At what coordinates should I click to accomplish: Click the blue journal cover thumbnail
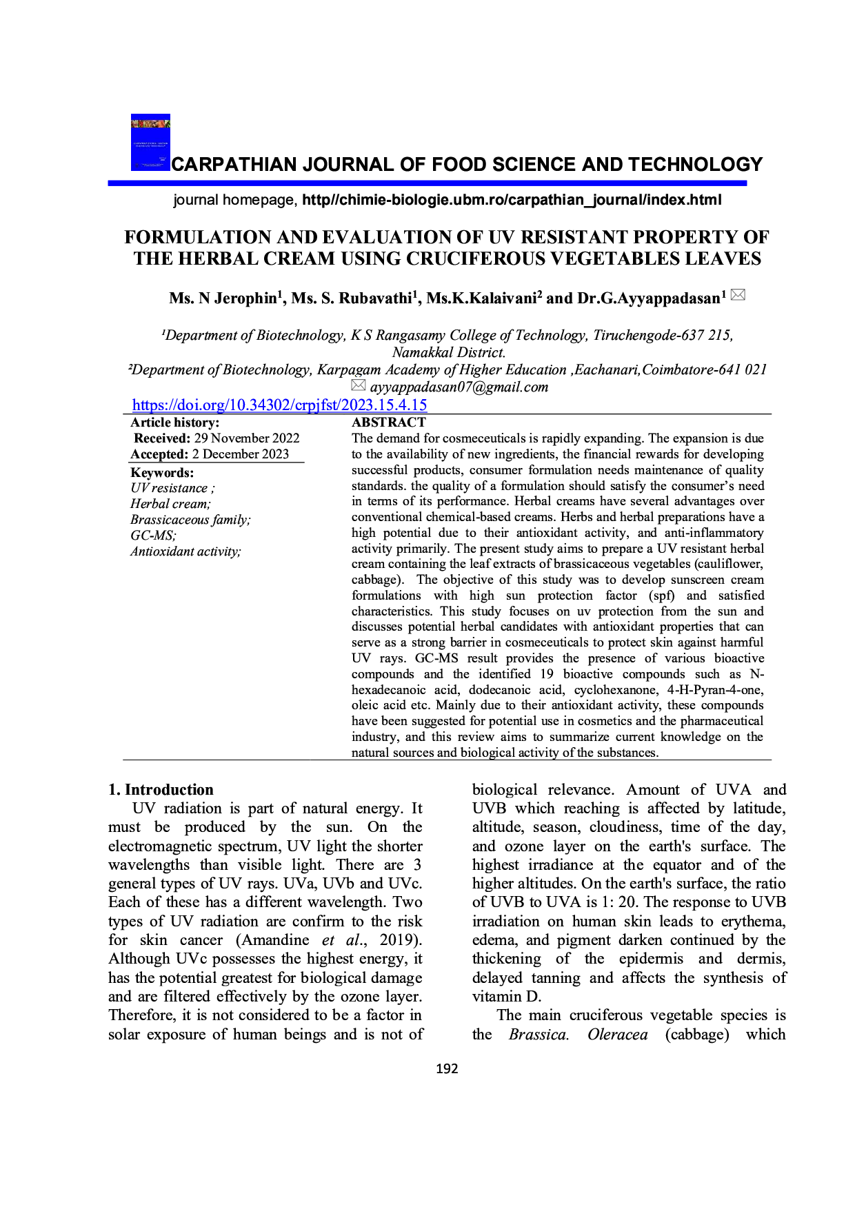[x=150, y=142]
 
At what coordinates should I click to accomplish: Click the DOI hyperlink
[x=279, y=405]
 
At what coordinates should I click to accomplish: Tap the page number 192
[x=447, y=1068]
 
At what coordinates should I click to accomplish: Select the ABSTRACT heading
[x=389, y=423]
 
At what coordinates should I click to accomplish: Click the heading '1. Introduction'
[x=161, y=790]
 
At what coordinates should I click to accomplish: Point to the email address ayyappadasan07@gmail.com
[x=459, y=387]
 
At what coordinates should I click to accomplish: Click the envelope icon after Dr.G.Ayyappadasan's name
[x=738, y=295]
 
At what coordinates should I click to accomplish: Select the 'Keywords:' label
[x=162, y=473]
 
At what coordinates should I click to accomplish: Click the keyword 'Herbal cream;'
[x=170, y=504]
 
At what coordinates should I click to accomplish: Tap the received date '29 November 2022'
[x=247, y=438]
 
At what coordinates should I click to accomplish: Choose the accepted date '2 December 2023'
[x=240, y=454]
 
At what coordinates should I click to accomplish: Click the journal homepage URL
[x=512, y=200]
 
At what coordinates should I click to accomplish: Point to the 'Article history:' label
[x=175, y=423]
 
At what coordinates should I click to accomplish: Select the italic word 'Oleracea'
[x=618, y=1035]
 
